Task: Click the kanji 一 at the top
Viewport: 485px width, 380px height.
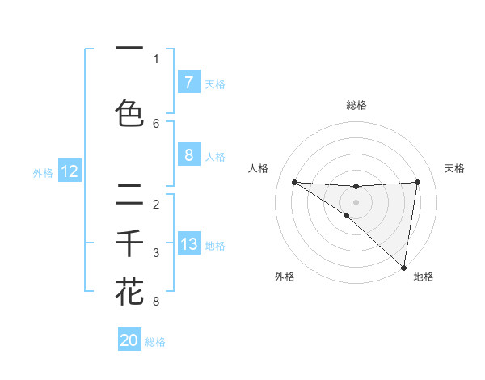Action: (130, 49)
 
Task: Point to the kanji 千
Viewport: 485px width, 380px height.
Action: (130, 243)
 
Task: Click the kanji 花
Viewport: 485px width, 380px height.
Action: (130, 291)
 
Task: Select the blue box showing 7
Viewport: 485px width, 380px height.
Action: (188, 82)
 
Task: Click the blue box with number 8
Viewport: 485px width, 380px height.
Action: (188, 156)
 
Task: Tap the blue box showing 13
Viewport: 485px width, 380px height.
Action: (188, 244)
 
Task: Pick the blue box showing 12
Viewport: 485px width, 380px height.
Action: (70, 171)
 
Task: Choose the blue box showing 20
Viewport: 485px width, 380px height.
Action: (129, 340)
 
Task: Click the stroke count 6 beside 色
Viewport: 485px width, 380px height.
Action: (156, 124)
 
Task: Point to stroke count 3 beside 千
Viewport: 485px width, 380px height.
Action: (156, 253)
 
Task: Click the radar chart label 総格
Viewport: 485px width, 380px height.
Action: (356, 105)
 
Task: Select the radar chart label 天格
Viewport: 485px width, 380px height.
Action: (455, 168)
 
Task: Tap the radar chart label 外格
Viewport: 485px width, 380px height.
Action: (285, 277)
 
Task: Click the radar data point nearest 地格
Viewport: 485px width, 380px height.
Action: (404, 268)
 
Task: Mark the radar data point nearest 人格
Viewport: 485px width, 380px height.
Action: (294, 182)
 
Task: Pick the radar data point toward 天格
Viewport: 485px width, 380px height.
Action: (418, 182)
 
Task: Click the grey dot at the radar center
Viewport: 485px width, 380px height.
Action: (356, 201)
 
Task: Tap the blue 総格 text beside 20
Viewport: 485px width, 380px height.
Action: (155, 342)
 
